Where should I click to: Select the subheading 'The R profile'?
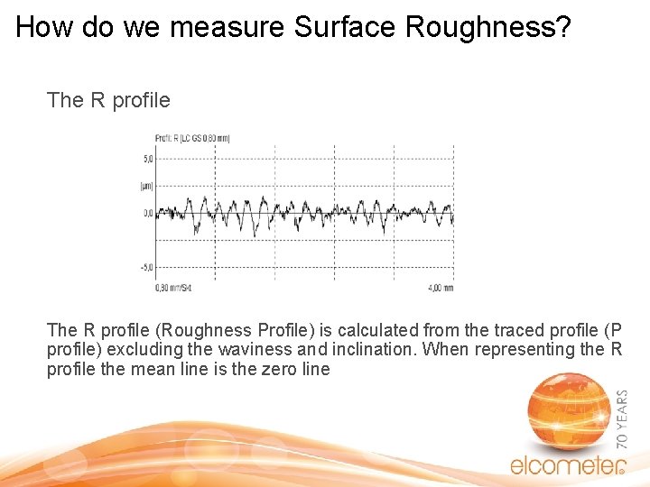[x=108, y=100]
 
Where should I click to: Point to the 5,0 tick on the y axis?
[x=148, y=158]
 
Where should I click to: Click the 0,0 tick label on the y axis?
[x=148, y=214]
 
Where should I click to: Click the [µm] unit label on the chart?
[x=147, y=185]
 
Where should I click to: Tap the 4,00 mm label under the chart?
[x=441, y=288]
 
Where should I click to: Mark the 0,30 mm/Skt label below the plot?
[x=173, y=288]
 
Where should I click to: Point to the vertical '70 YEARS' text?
[x=621, y=420]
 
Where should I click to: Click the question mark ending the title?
[x=563, y=27]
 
